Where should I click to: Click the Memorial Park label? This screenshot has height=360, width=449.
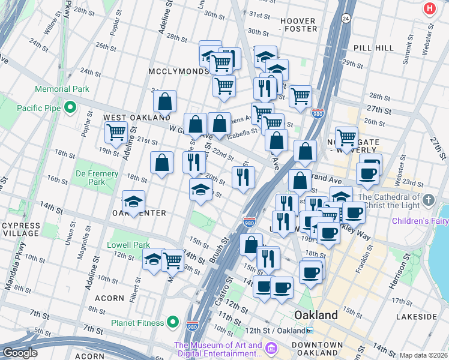coord(62,89)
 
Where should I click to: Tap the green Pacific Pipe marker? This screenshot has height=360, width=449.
coord(70,108)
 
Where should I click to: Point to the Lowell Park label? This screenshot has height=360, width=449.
coord(128,245)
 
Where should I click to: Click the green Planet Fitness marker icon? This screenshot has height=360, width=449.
coord(173,323)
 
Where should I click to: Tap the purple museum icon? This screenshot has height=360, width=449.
coord(270,349)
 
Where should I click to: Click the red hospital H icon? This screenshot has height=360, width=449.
coord(429,8)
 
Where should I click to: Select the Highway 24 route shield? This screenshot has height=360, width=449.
coord(346,19)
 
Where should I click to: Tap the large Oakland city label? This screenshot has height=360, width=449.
coord(316,315)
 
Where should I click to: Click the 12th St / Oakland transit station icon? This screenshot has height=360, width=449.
coord(310,331)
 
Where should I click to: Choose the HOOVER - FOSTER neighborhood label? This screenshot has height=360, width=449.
coord(298,25)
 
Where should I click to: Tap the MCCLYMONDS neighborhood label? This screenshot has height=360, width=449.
coord(178,71)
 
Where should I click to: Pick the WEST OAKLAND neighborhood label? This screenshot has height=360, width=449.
coord(130,118)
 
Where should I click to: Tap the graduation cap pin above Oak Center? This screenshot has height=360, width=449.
coord(134,200)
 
